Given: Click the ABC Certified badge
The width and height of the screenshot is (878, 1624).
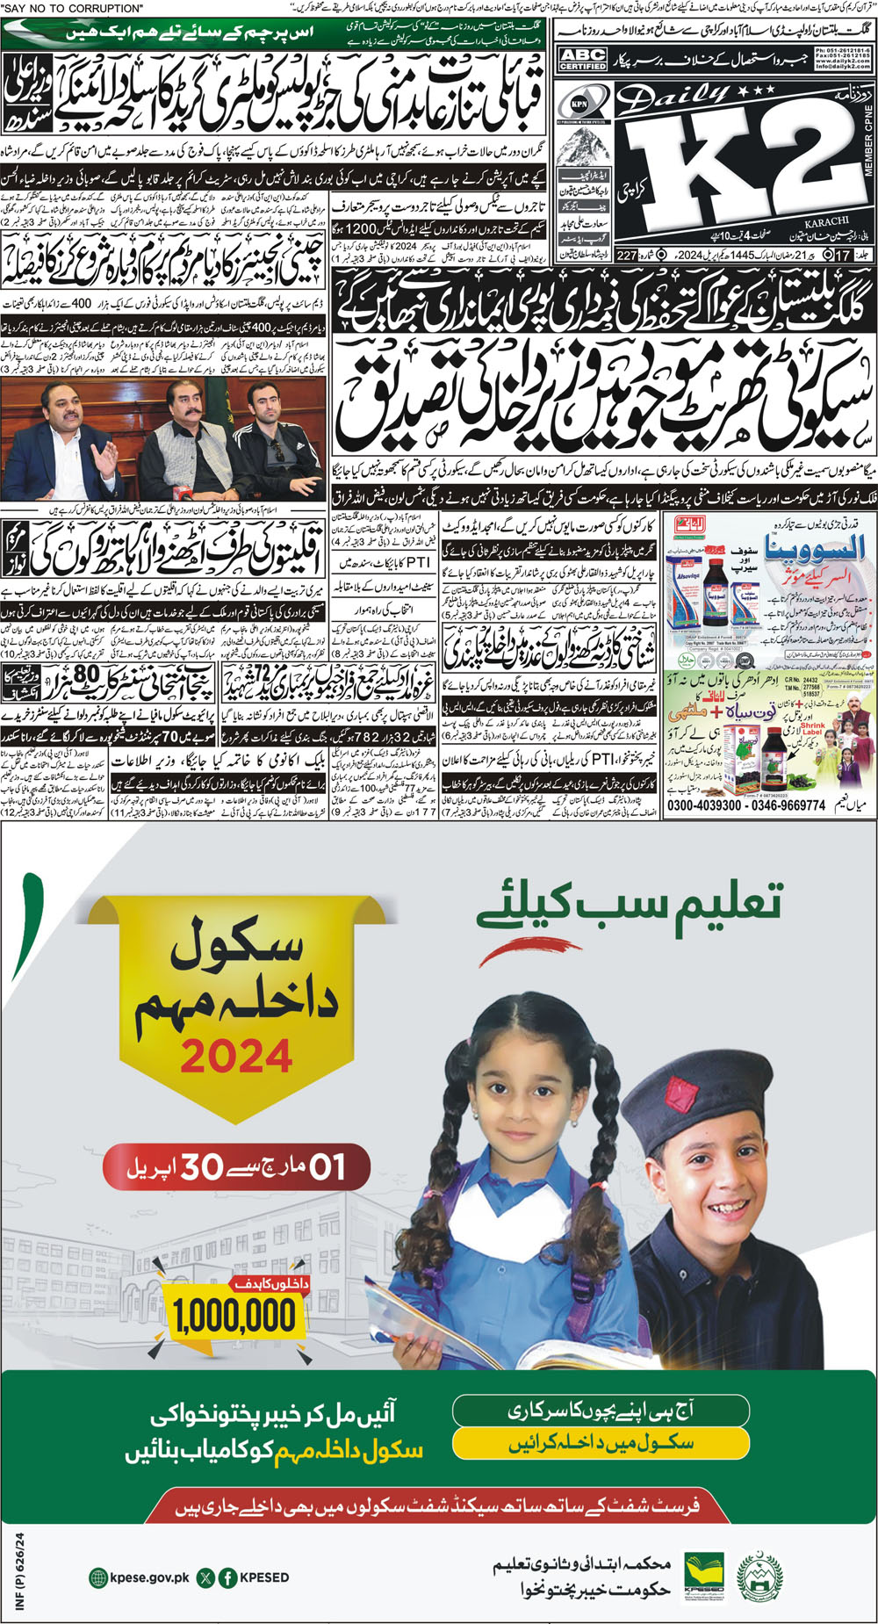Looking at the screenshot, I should [582, 59].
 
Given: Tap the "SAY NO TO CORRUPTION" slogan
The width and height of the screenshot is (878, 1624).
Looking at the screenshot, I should [74, 8].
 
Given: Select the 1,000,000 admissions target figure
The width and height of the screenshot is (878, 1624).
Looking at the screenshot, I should [234, 1316].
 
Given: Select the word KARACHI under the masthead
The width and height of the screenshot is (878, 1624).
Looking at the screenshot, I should [826, 222].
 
